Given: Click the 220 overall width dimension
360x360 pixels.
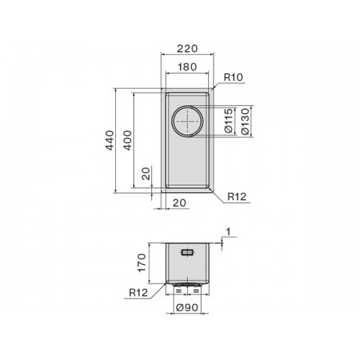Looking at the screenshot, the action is coord(187,48).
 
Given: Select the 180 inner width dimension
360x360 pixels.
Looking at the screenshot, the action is coord(187,67).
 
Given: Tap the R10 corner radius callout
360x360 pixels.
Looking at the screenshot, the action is coord(233,77).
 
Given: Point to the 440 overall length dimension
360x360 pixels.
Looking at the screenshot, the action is coord(109,140).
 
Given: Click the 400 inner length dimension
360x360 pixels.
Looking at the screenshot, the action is coord(127,140).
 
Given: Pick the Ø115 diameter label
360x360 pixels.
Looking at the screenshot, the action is coord(229,121).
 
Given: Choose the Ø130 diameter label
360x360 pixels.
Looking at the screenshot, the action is coord(245,121).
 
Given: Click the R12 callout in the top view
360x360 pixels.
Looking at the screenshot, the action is coord(237,197).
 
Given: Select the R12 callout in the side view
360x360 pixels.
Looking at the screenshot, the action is coord(138,292).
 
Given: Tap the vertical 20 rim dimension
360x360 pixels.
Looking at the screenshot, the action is coord(145,174).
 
